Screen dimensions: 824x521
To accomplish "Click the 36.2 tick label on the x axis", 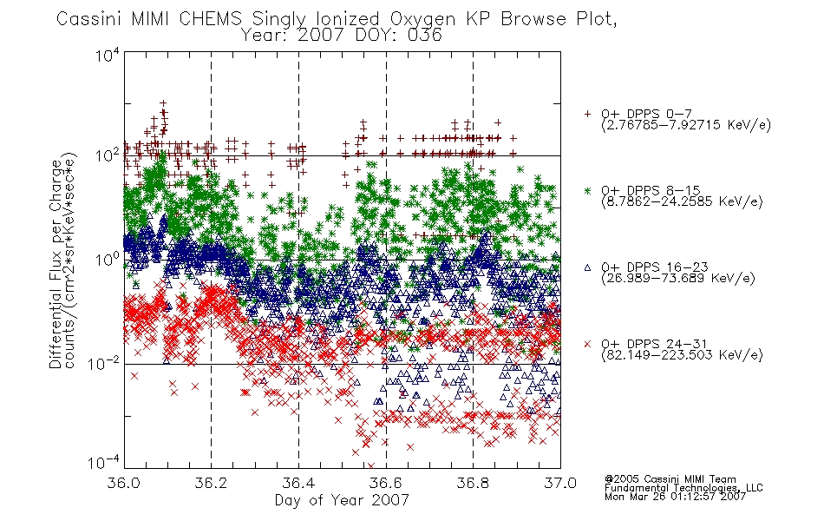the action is tap(211, 483).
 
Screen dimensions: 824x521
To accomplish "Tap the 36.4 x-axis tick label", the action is tap(298, 483).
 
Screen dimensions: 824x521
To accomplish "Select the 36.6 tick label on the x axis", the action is tap(386, 483).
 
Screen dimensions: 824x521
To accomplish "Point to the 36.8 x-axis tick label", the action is tap(473, 483).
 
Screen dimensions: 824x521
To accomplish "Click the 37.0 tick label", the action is tap(560, 483).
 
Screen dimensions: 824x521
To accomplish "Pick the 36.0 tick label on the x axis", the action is tap(123, 483).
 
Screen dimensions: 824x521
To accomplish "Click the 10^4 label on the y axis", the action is tap(108, 56).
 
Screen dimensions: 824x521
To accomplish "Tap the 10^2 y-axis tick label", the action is tap(108, 155).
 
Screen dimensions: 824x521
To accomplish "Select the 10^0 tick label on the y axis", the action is tap(108, 260).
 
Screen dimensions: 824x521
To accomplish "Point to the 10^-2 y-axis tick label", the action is tap(104, 364).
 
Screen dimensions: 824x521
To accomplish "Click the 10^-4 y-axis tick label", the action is tap(104, 463).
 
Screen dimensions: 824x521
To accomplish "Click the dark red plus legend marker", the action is tap(587, 114).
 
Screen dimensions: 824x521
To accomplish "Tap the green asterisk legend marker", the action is tap(587, 190).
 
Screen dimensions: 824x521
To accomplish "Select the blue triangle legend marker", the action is tap(587, 267).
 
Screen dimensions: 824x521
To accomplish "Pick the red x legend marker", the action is tap(587, 344).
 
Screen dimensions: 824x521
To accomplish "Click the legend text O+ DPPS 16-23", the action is tap(655, 267).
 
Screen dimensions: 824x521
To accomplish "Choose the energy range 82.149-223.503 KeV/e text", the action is tap(682, 355).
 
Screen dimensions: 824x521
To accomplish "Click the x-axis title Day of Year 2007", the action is tap(342, 500).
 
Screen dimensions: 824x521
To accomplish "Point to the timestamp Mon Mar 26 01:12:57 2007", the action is tap(676, 497).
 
